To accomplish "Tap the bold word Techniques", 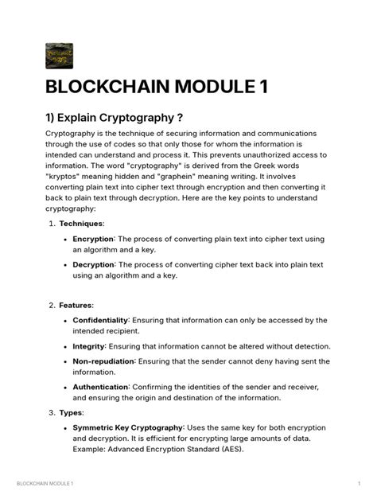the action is [81, 224].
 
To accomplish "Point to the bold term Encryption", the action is [93, 239].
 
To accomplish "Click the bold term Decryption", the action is [93, 264].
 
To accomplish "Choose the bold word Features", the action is [76, 305].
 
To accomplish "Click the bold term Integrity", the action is [88, 346].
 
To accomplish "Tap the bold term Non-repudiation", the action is [103, 361].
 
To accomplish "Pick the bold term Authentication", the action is [100, 387].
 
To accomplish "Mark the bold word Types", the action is [72, 412].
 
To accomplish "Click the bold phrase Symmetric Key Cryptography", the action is [127, 427].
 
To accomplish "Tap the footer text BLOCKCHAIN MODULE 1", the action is [45, 484].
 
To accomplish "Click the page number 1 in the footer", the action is [360, 484].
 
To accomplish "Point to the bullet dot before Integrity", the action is [64, 347].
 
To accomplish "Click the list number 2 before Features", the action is [51, 305].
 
